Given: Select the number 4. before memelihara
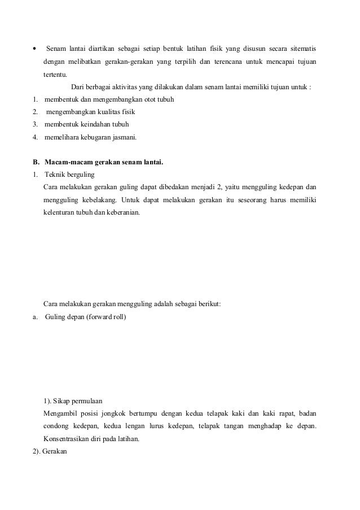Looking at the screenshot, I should click(x=36, y=137).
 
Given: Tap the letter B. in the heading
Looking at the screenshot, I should click(x=36, y=163).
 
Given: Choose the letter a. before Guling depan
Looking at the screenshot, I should click(x=36, y=316).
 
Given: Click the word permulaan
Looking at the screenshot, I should click(x=82, y=402).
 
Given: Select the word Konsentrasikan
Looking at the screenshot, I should click(x=67, y=439).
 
